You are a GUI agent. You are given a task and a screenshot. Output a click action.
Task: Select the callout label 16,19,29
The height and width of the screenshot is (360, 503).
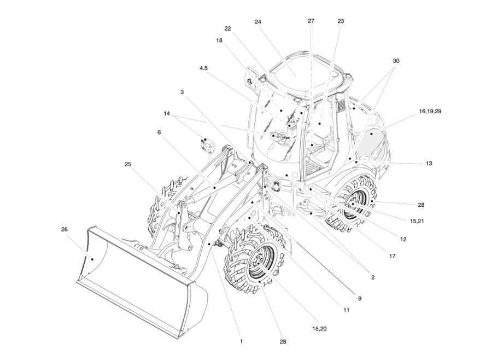pyautogui.click(x=430, y=111)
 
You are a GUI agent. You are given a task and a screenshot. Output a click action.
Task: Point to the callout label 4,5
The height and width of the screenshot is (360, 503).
pyautogui.click(x=203, y=68)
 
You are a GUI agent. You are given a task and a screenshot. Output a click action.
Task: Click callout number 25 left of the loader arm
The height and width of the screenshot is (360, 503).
pyautogui.click(x=127, y=164)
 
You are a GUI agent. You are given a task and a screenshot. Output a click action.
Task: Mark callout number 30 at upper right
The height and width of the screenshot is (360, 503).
pyautogui.click(x=396, y=61)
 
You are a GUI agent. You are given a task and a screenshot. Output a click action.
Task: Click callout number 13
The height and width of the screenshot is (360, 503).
pyautogui.click(x=429, y=163)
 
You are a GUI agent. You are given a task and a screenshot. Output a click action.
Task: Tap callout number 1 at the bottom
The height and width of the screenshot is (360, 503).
pyautogui.click(x=241, y=341)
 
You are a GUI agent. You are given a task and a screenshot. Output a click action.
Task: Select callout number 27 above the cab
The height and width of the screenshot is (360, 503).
pyautogui.click(x=311, y=21)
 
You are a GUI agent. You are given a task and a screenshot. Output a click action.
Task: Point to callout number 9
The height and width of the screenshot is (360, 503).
pyautogui.click(x=360, y=298)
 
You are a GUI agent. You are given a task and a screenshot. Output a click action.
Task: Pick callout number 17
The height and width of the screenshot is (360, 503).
pyautogui.click(x=392, y=256)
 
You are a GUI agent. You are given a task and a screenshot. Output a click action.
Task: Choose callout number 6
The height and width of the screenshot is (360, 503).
pyautogui.click(x=159, y=132)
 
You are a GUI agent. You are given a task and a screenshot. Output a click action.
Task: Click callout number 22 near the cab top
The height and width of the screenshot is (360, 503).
pyautogui.click(x=227, y=28)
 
